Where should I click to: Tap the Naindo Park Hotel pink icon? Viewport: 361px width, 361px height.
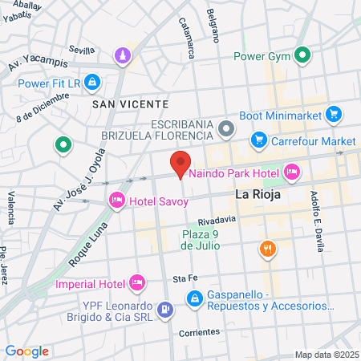click(291, 170)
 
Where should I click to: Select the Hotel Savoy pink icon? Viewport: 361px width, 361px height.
click(117, 199)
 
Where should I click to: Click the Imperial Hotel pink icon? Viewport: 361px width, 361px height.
click(136, 282)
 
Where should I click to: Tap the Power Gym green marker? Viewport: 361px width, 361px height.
click(302, 56)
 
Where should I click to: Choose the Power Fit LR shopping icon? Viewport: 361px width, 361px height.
click(92, 83)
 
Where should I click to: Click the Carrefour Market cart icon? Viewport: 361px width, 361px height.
click(258, 141)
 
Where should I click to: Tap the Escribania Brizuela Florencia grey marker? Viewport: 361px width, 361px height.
click(227, 128)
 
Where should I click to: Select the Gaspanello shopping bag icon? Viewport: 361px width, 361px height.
click(193, 298)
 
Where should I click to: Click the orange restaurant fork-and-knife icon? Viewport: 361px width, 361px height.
click(267, 249)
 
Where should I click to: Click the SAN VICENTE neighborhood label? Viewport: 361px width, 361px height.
click(130, 104)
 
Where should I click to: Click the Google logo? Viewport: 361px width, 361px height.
click(26, 351)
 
